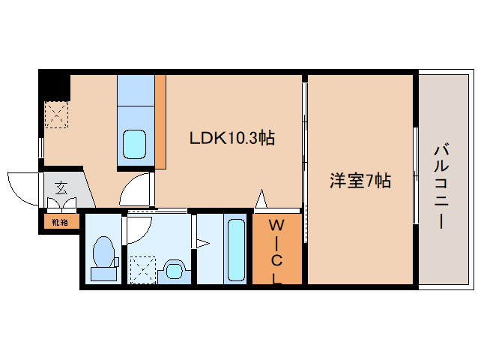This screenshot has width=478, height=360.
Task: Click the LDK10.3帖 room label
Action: click(x=231, y=138)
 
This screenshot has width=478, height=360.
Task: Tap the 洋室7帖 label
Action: click(x=361, y=180)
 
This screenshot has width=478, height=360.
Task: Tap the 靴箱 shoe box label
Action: click(x=58, y=221)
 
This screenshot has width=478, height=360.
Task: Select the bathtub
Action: click(x=235, y=249)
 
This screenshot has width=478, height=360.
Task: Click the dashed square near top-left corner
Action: click(x=56, y=115)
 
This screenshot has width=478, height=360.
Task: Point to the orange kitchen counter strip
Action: click(x=160, y=121)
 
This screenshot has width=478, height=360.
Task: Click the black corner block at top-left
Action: click(x=53, y=85)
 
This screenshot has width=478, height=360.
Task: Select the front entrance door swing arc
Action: click(x=20, y=187)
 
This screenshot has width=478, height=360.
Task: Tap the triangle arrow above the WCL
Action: click(x=261, y=199)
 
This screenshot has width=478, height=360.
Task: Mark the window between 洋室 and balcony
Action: click(x=415, y=176)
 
